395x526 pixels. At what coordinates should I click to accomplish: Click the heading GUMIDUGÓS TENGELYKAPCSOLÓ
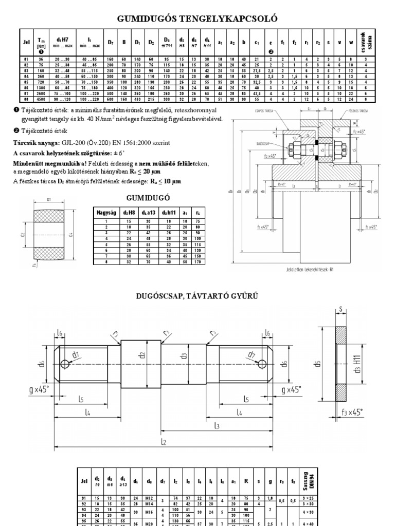tap(197, 19)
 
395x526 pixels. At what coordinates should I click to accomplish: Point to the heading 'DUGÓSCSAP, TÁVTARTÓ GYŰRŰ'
tap(197, 296)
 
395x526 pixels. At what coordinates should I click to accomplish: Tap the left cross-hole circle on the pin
tap(65, 364)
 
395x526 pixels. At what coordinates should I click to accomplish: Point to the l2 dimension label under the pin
tap(163, 441)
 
